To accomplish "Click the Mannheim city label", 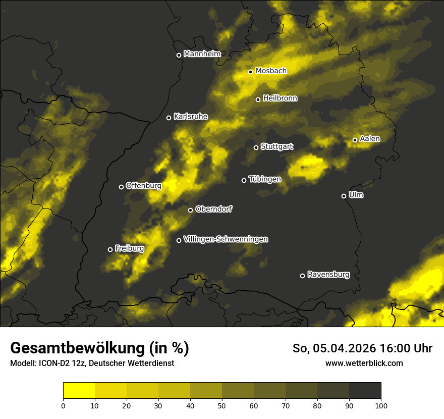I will point(202,54).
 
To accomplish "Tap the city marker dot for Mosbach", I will point(250,72).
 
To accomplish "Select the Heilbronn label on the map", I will point(280,98).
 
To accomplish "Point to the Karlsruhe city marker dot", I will point(169,118).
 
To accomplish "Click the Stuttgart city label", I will point(276,147).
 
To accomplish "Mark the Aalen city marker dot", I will point(355,140).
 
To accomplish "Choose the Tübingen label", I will point(265,179).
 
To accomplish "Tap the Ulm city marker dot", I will point(344,196).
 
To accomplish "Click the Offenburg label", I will point(144,186).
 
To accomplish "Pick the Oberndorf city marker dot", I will point(190,210).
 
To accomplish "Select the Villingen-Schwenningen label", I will point(226,239).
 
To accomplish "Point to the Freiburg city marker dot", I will point(110,249).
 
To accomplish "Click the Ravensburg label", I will point(328,275).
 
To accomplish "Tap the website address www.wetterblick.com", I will point(364,363).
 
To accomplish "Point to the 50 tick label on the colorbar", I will point(222,405).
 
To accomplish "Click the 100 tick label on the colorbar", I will point(381,405).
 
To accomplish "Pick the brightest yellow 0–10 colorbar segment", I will point(79,391).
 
